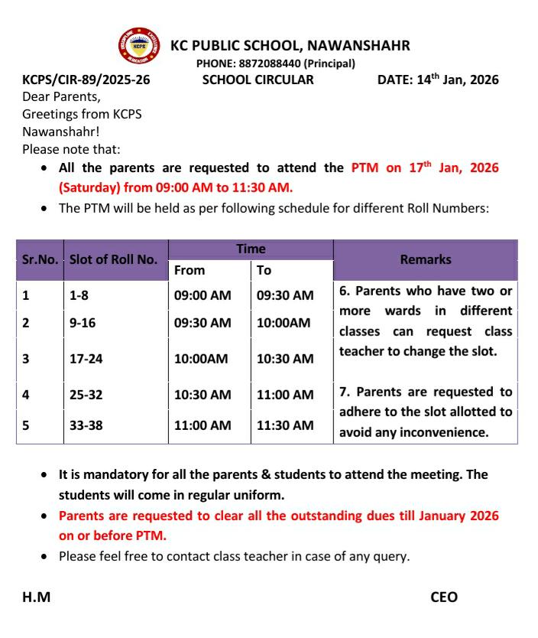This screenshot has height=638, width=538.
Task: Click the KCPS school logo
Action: [x=140, y=47]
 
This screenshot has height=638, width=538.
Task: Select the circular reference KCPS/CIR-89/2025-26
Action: [x=86, y=79]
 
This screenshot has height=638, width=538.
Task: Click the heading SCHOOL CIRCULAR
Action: [x=258, y=79]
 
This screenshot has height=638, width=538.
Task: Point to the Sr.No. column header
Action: [x=40, y=259]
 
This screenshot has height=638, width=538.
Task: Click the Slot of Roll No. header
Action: [x=113, y=259]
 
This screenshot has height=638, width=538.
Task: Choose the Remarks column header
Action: [x=426, y=259]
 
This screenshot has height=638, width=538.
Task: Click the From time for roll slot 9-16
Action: [x=203, y=323]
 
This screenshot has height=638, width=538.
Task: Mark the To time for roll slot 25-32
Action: [x=285, y=395]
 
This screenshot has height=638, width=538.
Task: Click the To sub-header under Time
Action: [x=264, y=270]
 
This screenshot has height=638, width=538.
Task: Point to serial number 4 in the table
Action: [x=27, y=395]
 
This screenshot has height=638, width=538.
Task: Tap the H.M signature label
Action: [x=37, y=597]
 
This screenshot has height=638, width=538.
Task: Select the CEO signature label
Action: [x=444, y=597]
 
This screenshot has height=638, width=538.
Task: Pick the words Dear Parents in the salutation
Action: [x=61, y=97]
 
